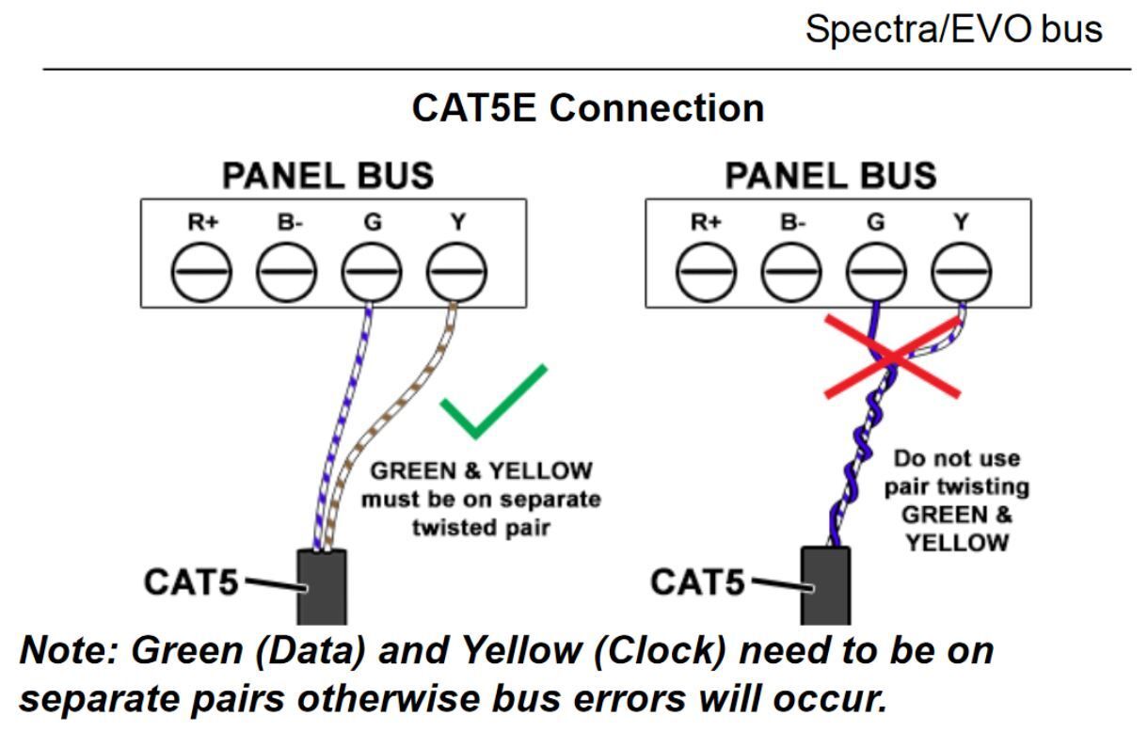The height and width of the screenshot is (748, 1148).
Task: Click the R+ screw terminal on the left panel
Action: (x=200, y=274)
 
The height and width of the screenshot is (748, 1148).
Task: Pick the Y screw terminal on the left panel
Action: (x=456, y=274)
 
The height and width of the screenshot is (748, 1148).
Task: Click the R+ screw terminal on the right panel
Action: (x=706, y=274)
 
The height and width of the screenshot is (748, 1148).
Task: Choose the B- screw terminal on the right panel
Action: (x=790, y=274)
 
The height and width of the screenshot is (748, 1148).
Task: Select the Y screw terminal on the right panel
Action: (x=961, y=274)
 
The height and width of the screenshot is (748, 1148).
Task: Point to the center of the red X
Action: (x=892, y=357)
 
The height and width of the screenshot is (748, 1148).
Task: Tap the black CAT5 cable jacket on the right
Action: (x=825, y=585)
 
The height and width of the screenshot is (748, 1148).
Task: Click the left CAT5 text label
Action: (x=191, y=581)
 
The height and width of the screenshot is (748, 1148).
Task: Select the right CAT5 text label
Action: (x=696, y=582)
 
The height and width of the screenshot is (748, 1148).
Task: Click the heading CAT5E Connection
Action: (x=587, y=108)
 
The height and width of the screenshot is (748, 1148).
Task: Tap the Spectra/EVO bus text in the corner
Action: (x=953, y=30)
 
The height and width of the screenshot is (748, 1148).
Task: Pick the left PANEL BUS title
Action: (x=327, y=176)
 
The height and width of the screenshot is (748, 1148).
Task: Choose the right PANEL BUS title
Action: (x=831, y=176)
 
